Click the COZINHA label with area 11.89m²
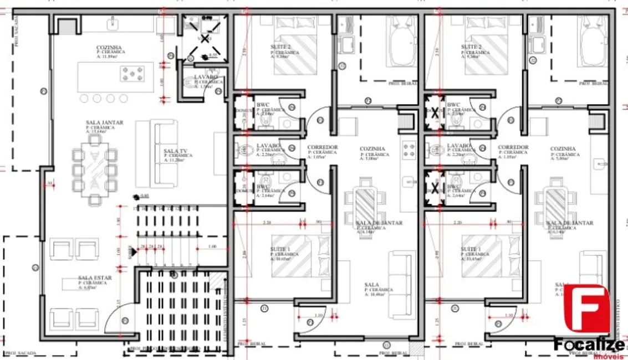coord(109,48)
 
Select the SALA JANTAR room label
coord(105,122)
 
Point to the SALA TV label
coord(175,151)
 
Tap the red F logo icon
coord(586,309)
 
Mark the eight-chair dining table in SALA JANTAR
coord(96,169)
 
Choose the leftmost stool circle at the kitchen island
coord(85,99)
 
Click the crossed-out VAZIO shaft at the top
coord(205,39)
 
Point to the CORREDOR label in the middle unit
coord(323,148)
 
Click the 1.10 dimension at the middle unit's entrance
coord(319,315)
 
